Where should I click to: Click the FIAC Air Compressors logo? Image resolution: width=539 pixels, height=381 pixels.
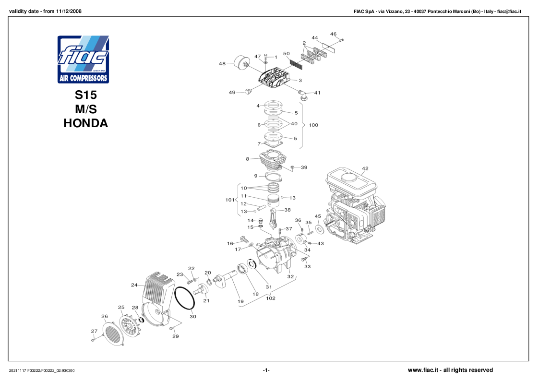(83, 59)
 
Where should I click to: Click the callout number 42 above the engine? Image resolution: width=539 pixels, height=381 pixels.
(365, 168)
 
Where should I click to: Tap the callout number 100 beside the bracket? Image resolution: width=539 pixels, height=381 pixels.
(313, 125)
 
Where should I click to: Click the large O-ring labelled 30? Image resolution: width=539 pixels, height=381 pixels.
(184, 299)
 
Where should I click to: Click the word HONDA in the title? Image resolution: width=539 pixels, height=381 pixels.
(85, 123)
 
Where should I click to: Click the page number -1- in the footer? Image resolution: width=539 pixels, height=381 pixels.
(266, 370)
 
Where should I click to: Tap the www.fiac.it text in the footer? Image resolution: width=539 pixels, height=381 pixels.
(423, 370)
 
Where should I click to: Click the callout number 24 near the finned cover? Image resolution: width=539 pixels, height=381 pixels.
(134, 285)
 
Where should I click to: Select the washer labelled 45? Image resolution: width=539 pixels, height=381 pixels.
(319, 226)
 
